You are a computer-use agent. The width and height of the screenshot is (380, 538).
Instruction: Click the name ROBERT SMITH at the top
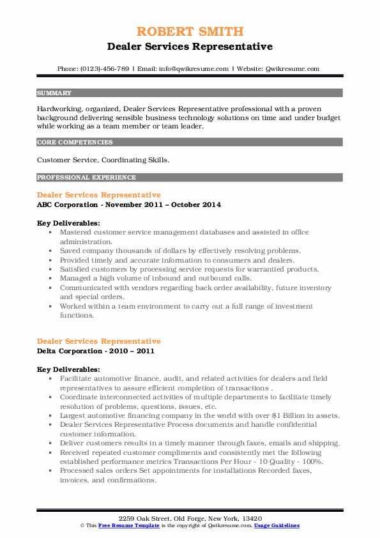(190, 31)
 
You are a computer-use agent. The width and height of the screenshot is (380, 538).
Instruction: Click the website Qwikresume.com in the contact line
(291, 68)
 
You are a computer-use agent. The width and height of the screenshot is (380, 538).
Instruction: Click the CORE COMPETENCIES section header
(75, 142)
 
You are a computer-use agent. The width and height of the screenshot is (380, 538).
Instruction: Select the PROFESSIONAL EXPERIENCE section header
(86, 177)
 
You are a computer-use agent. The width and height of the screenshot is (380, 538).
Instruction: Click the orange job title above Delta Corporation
(98, 341)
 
